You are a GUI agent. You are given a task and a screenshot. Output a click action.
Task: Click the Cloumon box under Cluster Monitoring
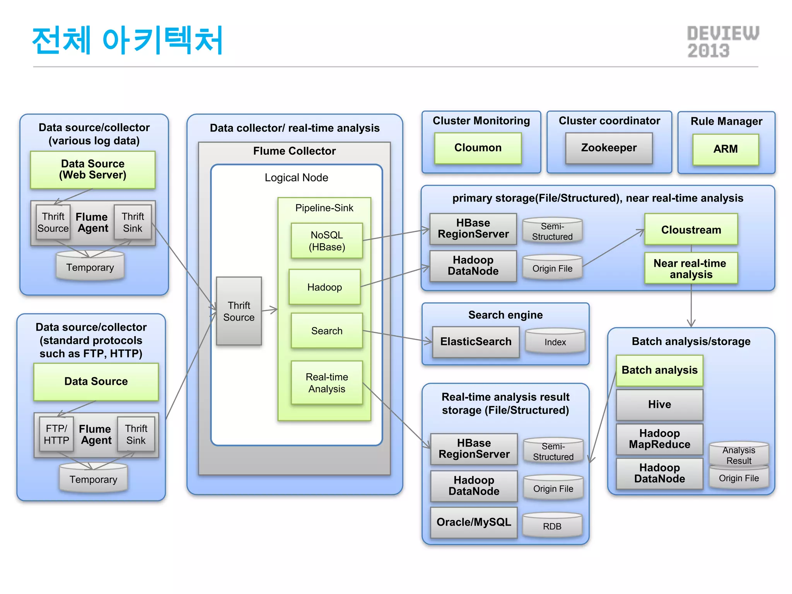pos(478,148)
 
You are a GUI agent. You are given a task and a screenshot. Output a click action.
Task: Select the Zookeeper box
pos(609,148)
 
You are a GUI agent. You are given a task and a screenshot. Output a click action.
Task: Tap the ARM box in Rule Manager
pos(725,149)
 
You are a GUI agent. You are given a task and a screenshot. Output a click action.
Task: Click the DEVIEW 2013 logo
pos(722,42)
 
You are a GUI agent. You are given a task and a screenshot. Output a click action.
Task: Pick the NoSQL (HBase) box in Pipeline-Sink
pos(327,241)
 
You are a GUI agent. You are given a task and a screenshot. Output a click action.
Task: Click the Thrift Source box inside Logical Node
pos(239,311)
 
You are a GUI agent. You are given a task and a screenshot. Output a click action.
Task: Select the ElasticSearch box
pos(476,342)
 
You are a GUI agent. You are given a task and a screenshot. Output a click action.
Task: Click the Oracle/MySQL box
pos(474,522)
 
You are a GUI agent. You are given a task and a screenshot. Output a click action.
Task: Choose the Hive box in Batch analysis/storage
pos(659,405)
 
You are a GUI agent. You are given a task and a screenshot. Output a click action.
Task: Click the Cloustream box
pos(691,230)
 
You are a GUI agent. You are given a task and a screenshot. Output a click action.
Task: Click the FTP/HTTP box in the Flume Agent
pos(56,434)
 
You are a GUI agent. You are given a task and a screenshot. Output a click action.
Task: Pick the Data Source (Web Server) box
pos(93,170)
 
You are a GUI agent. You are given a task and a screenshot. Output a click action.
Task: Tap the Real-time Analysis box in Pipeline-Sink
pos(327,383)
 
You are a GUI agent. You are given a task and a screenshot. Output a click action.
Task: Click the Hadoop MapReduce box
pos(659,439)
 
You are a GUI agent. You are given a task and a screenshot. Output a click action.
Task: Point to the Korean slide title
pos(128,40)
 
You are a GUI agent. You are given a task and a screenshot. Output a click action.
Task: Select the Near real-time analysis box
pos(691,268)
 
